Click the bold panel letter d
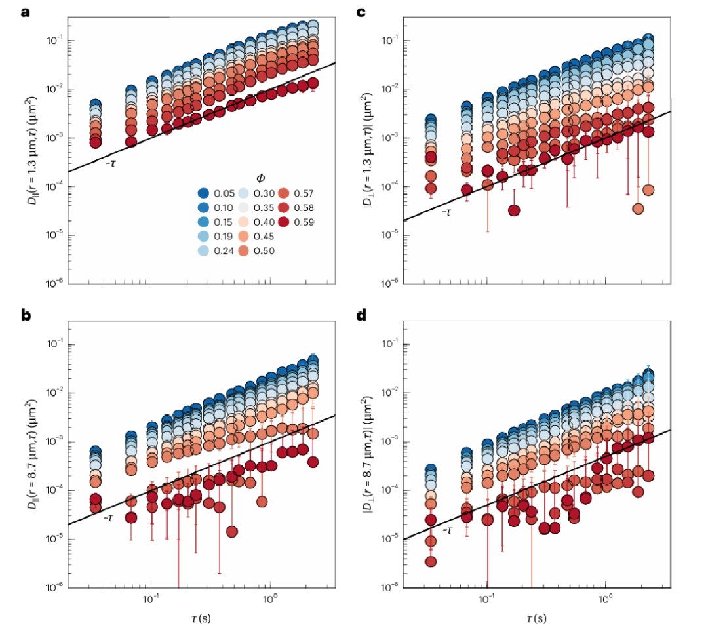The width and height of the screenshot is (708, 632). click(361, 315)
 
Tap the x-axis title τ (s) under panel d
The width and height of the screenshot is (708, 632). click(536, 618)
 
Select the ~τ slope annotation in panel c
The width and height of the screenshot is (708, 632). click(446, 212)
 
